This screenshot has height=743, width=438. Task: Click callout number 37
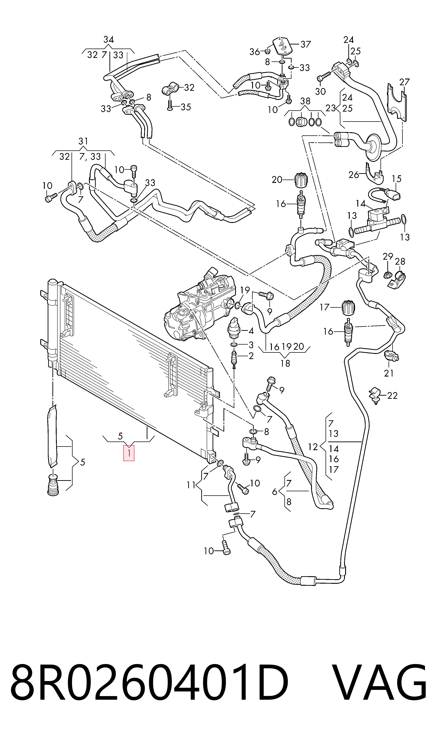coord(306,44)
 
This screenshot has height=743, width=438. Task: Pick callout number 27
coord(405,82)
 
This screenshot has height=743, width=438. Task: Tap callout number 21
coord(389,373)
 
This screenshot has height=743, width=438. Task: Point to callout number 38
coord(305,101)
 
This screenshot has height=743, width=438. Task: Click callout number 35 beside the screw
coord(186,107)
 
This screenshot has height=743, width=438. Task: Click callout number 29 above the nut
coord(388,256)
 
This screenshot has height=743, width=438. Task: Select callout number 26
coord(354,175)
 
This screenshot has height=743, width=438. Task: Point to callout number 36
coord(255,52)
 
